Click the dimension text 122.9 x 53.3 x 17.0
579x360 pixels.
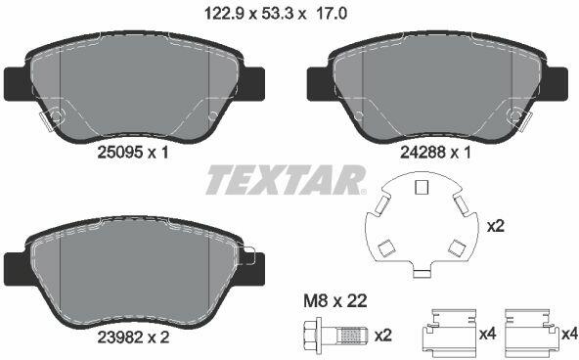pyautogui.click(x=276, y=15)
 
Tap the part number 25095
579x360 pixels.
pyautogui.click(x=120, y=153)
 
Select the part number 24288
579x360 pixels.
pyautogui.click(x=423, y=153)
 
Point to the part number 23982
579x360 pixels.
pyautogui.click(x=120, y=337)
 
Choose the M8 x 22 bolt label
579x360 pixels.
pyautogui.click(x=335, y=301)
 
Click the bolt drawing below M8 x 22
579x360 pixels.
pyautogui.click(x=335, y=336)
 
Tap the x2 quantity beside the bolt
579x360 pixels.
pyautogui.click(x=383, y=336)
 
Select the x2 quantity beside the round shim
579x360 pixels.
pyautogui.click(x=496, y=226)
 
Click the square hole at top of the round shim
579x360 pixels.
pyautogui.click(x=422, y=187)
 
